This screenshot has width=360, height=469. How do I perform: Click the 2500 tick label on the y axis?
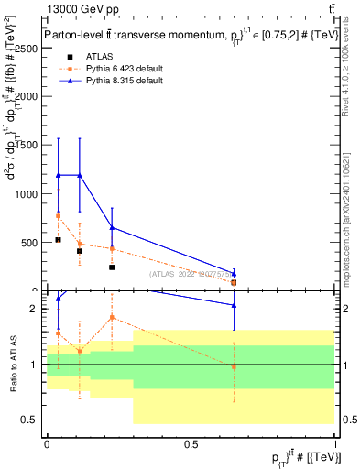coord(27,49)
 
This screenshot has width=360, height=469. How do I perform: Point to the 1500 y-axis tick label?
coord(27,146)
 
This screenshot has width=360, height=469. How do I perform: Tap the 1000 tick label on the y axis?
coord(27,194)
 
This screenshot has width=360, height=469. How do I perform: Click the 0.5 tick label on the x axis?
coord(191,445)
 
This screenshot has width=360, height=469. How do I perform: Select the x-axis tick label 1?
coord(334,445)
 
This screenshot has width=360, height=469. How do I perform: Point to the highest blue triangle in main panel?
coord(58,175)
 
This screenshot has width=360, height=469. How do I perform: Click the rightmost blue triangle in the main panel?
coord(234,274)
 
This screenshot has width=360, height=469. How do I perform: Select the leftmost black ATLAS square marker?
coord(58,239)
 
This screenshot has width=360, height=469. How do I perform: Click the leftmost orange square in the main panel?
coord(58,215)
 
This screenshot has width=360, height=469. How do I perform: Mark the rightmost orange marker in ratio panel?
coord(234,366)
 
